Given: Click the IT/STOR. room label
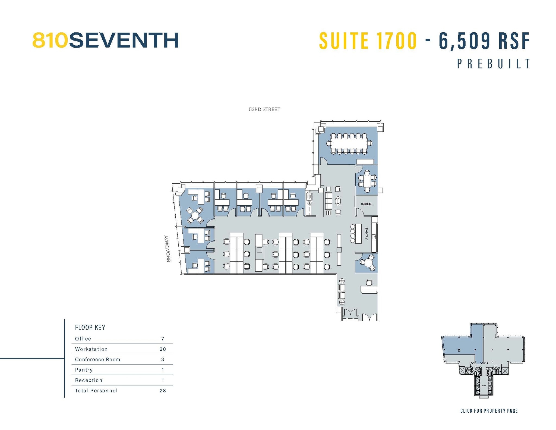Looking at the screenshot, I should [366, 204].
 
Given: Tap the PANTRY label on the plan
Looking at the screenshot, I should [366, 234].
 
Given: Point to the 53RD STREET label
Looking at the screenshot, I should [264, 109].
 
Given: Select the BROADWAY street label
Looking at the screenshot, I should [169, 249].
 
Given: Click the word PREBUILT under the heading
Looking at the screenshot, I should [494, 64].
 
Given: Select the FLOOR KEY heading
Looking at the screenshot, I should [90, 328].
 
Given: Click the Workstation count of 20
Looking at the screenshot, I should [163, 349].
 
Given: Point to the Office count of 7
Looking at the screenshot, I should [163, 339].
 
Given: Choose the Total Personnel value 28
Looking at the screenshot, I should [163, 391].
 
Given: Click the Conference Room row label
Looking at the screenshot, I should [97, 360].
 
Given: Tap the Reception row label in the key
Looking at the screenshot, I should [89, 380].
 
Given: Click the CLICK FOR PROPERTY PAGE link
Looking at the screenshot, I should [489, 411].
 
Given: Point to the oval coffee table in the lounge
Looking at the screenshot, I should [338, 201].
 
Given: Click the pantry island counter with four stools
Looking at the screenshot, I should [358, 234].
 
